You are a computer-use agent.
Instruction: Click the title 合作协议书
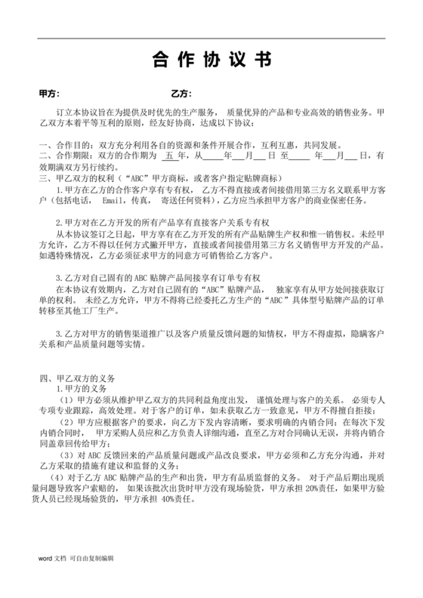click(212, 61)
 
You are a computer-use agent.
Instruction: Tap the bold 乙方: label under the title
click(181, 94)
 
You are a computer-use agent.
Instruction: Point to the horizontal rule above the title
click(211, 39)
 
